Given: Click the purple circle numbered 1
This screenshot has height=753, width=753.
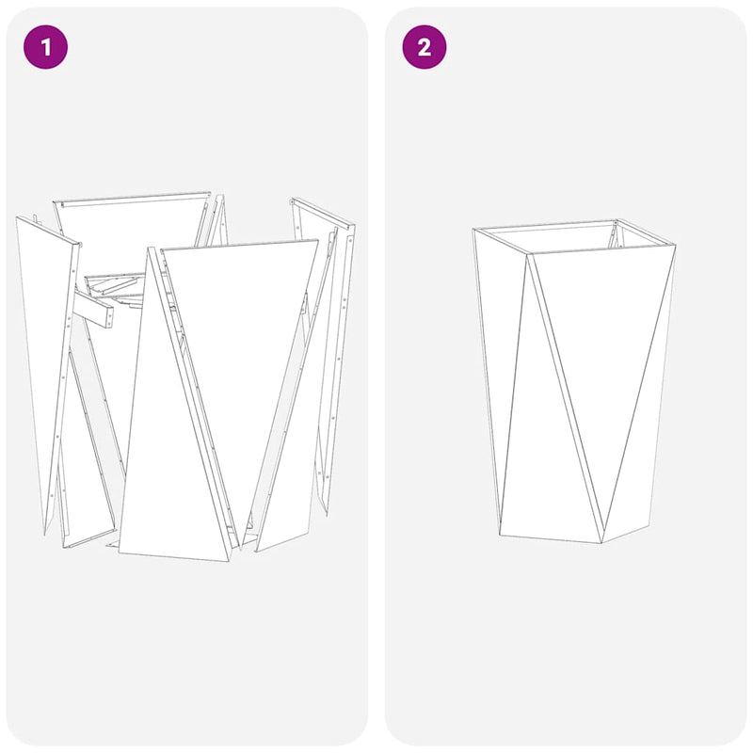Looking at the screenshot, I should coord(46,47).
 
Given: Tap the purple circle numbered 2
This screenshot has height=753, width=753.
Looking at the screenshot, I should coord(425,47).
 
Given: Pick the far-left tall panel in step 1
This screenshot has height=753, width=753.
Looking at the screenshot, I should coord(44,358).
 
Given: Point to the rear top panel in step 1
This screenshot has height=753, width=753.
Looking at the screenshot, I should coord(132,226).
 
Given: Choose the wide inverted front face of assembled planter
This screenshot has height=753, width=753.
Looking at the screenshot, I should coord(602,358).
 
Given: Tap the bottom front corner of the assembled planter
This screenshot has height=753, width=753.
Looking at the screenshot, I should coord(602,543).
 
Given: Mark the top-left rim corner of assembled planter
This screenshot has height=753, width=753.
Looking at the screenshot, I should coord(473,231).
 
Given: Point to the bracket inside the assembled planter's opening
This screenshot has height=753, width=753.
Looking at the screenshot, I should coord(617,234).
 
